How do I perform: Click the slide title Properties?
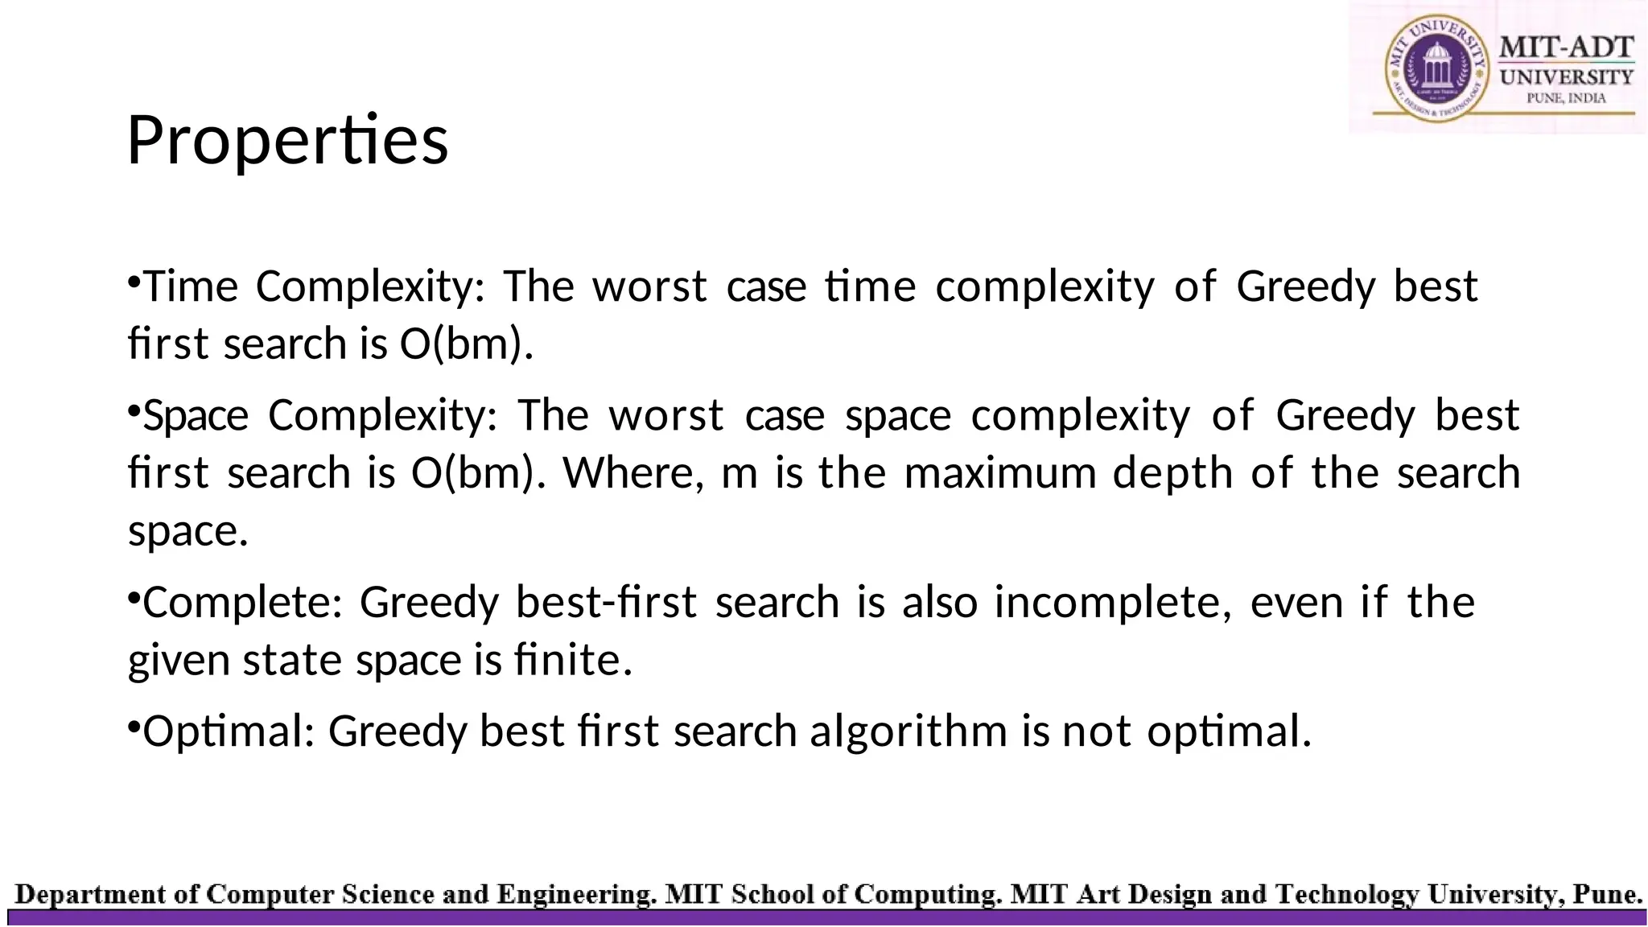(x=287, y=140)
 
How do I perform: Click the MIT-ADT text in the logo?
(x=1566, y=47)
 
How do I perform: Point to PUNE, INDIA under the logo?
(x=1566, y=98)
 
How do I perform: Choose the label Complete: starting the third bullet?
(x=242, y=603)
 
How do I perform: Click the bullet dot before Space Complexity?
(x=134, y=411)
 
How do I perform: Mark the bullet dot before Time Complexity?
(x=134, y=282)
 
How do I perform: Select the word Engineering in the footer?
(x=575, y=895)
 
